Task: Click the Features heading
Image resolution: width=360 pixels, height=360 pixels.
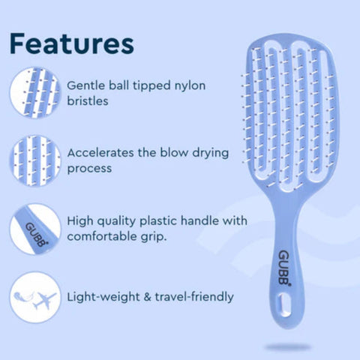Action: pyautogui.click(x=73, y=43)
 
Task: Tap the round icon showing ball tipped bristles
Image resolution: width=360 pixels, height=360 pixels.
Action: pyautogui.click(x=34, y=92)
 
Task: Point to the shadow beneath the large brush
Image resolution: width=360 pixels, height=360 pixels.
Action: pyautogui.click(x=288, y=346)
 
